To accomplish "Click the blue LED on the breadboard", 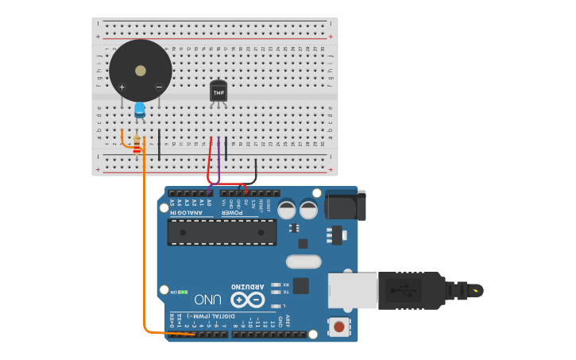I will click(x=140, y=110).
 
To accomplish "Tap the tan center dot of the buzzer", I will click(x=141, y=71).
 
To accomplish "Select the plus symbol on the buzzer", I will click(x=122, y=87).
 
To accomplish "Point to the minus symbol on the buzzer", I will click(x=159, y=87).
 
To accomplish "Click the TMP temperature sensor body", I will click(x=218, y=91).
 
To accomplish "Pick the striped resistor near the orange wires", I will click(x=137, y=145).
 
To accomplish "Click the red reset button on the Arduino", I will click(x=339, y=326).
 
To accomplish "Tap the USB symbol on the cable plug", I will click(x=404, y=290).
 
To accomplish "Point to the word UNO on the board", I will click(x=207, y=300).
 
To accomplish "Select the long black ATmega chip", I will click(x=222, y=232).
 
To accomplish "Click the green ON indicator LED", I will click(x=184, y=292).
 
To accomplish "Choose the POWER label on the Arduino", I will click(x=232, y=212).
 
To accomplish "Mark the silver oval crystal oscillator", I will click(x=302, y=261).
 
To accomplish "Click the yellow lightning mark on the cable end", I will click(x=476, y=290).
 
